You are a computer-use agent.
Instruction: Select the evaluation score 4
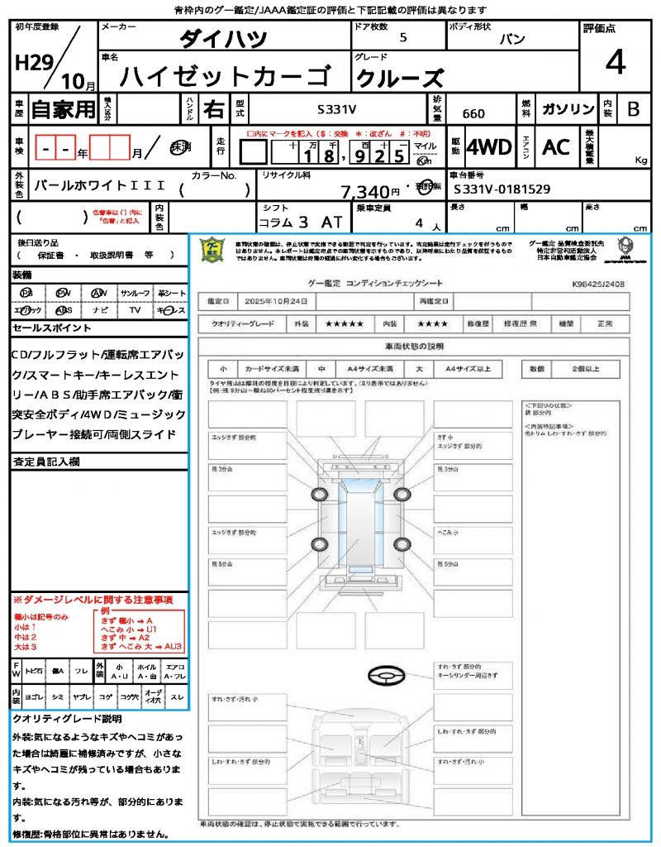[615, 63]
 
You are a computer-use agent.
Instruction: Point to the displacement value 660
[473, 114]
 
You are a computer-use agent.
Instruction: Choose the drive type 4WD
[489, 147]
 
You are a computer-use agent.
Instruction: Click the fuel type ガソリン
[567, 109]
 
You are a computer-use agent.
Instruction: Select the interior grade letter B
[633, 109]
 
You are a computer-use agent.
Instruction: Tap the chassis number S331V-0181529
[502, 189]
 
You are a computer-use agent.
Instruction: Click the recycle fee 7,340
[364, 192]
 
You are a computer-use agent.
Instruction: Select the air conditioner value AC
[556, 147]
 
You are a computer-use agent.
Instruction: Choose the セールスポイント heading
[51, 328]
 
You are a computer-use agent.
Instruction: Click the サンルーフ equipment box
[136, 293]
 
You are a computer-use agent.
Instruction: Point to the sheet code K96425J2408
[597, 284]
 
